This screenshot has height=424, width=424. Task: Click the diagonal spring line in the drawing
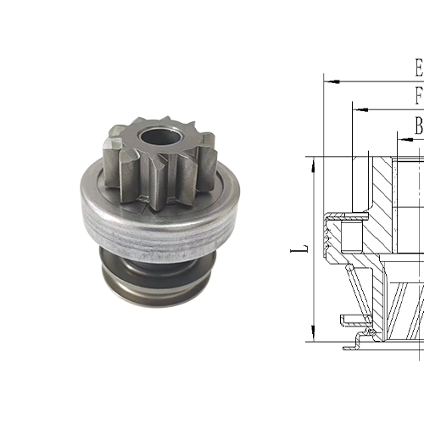coord(360,293)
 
